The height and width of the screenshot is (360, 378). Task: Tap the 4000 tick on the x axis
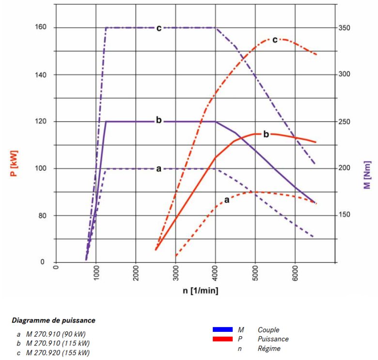(216, 275)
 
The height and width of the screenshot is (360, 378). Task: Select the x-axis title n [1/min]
(200, 291)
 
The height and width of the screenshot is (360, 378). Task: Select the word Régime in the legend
(269, 348)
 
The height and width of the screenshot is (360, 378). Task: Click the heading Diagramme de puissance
(53, 320)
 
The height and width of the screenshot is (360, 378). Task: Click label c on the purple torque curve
(158, 28)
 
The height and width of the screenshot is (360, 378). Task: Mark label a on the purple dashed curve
(158, 169)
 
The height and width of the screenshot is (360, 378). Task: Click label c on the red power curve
(275, 40)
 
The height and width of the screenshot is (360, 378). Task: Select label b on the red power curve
(266, 134)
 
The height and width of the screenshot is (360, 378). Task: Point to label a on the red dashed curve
(227, 199)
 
